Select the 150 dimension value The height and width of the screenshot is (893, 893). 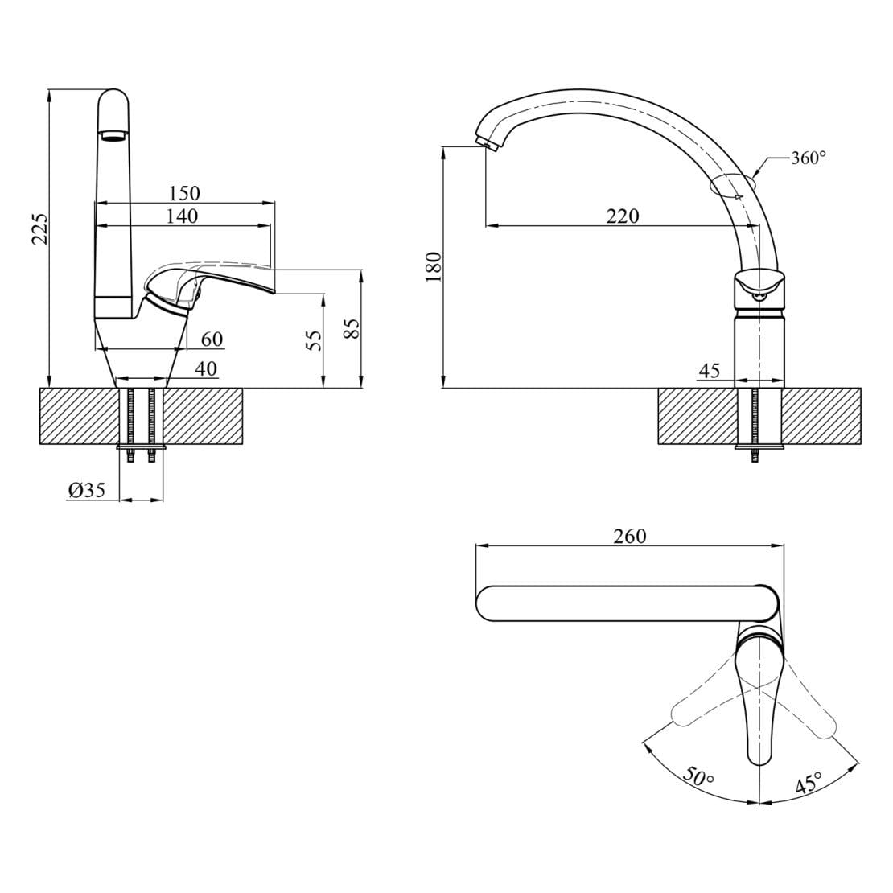tap(184, 194)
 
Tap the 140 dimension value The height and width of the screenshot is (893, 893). tap(183, 216)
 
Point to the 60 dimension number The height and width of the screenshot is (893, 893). tap(212, 340)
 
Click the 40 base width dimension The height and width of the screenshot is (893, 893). tap(206, 369)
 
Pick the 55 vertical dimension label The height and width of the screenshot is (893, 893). tap(314, 340)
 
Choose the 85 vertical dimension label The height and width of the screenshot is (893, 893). tap(353, 328)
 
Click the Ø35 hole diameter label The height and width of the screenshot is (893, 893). tap(87, 490)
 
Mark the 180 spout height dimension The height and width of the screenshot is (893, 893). tap(434, 267)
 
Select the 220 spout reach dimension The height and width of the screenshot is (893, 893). tap(623, 216)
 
